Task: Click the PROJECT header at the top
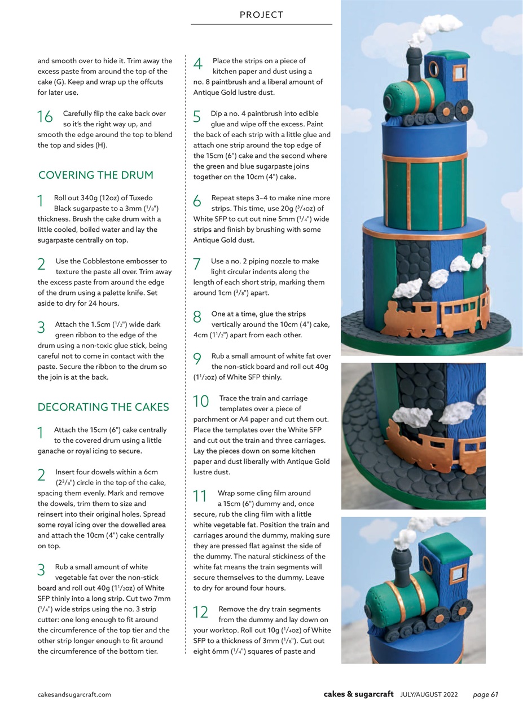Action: click(x=261, y=15)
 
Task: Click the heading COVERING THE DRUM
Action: click(x=95, y=175)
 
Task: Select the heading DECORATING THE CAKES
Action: click(x=103, y=407)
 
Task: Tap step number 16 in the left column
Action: click(x=45, y=117)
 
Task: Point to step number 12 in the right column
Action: click(x=201, y=612)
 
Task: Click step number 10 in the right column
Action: click(x=201, y=401)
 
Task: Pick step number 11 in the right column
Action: click(x=200, y=496)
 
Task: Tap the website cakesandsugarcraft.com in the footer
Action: click(x=74, y=694)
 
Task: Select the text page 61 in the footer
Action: click(x=485, y=694)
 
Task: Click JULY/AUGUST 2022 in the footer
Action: click(x=429, y=694)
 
